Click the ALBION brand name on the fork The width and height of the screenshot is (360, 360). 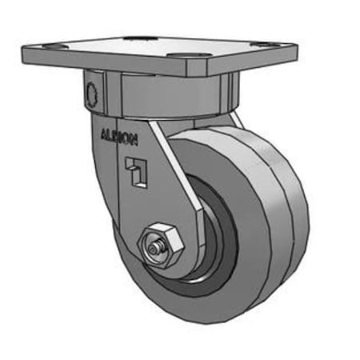tap(119, 137)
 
